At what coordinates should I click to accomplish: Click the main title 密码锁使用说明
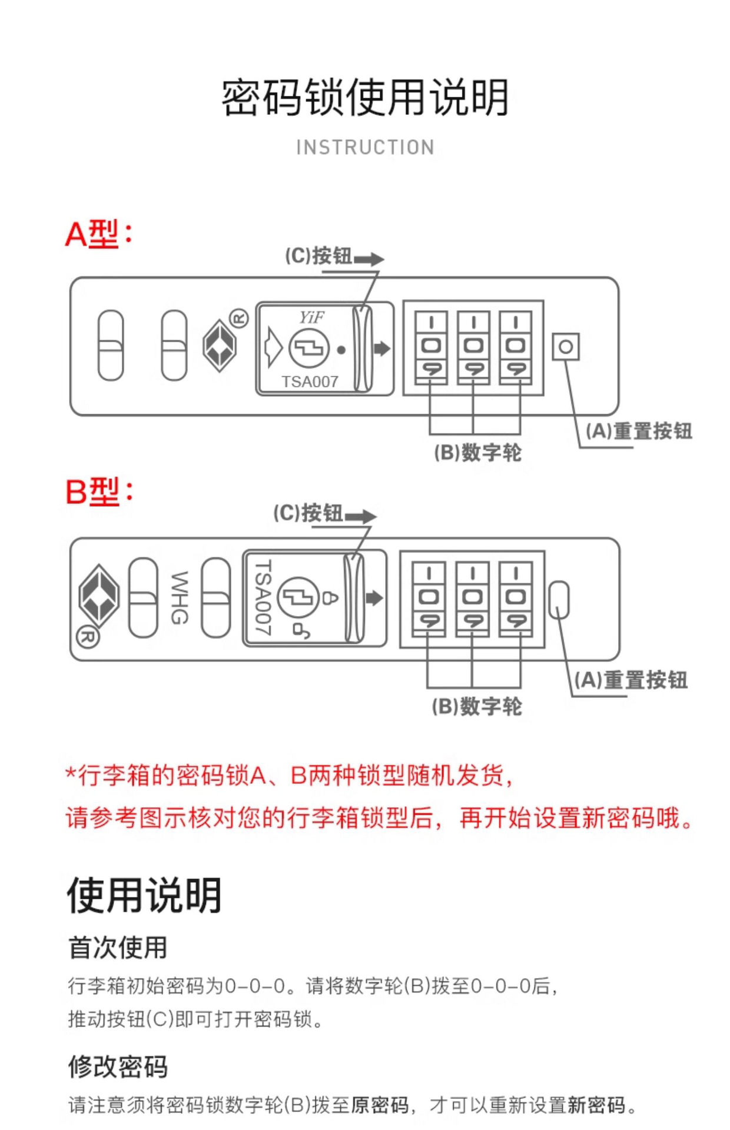365,97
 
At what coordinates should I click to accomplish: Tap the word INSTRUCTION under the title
365,147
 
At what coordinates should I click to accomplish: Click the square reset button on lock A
565,347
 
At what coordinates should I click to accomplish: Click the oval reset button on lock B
559,600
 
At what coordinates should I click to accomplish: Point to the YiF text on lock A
311,318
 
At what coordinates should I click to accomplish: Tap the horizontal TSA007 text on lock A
310,381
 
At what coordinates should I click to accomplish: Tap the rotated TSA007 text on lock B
263,597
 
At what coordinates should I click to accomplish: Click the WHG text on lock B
180,597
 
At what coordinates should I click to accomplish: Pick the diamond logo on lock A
220,345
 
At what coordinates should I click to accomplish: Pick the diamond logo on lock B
99,596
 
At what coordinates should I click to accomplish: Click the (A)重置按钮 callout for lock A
639,431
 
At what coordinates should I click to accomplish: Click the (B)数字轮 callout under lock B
477,706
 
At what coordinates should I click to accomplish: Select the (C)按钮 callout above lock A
319,256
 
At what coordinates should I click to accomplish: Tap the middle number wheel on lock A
473,347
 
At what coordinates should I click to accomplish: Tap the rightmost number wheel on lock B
515,599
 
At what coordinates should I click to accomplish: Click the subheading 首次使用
118,948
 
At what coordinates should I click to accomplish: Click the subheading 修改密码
118,1066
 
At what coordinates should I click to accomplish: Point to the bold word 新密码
596,1105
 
